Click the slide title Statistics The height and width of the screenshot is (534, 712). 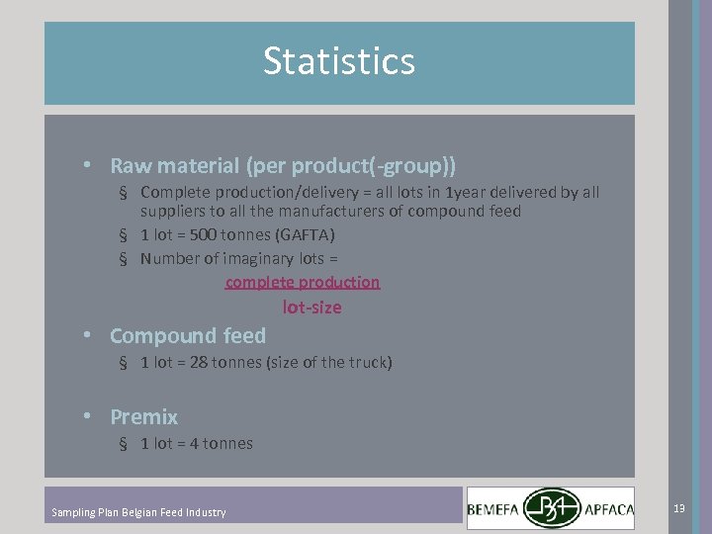pos(339,61)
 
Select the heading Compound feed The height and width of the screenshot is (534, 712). pos(188,336)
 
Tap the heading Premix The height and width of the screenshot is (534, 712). pos(143,417)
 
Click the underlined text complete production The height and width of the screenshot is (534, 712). pos(303,283)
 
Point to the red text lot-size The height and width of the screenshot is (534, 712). pos(312,308)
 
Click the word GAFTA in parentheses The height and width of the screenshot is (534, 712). pos(306,235)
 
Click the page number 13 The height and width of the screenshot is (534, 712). pos(678,508)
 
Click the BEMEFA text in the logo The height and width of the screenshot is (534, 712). pos(494,509)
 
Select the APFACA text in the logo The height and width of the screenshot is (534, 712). pos(611,509)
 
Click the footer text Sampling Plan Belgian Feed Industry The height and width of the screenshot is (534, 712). pos(138,512)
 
